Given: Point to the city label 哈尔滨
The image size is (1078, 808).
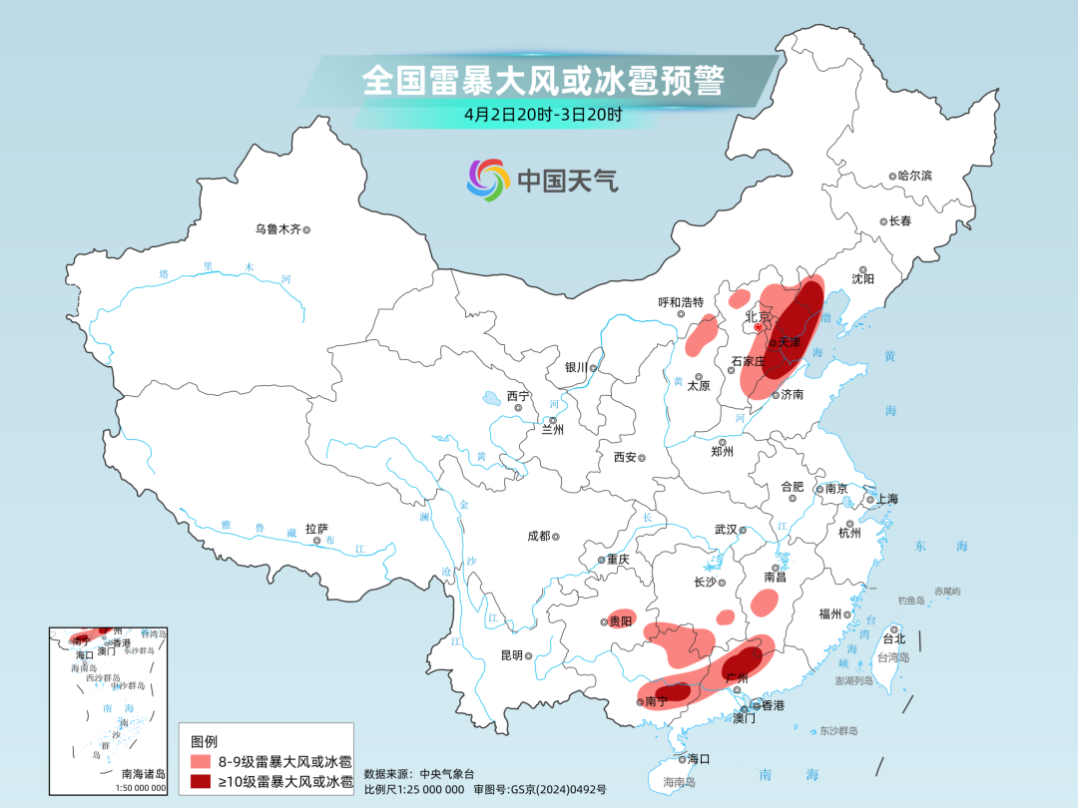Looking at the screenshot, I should click(x=913, y=176).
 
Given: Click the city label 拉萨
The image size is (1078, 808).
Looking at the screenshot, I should click(x=316, y=529).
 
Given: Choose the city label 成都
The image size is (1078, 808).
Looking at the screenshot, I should click(x=538, y=536).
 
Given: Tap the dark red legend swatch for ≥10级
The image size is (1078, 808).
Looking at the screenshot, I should click(x=201, y=782).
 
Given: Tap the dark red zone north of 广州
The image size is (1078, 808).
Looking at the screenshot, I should click(x=743, y=659).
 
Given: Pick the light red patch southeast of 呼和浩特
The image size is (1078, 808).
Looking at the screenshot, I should click(x=703, y=334).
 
